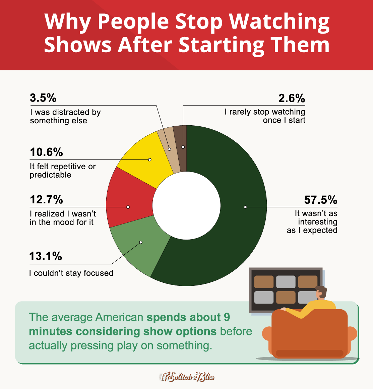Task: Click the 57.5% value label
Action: tap(320, 200)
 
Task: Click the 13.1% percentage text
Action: tap(46, 256)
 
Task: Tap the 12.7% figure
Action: tap(46, 200)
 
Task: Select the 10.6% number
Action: tap(46, 152)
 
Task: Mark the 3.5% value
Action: tap(43, 98)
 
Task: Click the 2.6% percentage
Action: tap(292, 98)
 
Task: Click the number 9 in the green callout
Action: tap(227, 317)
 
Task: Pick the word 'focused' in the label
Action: tap(98, 273)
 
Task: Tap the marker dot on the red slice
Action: tap(128, 207)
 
